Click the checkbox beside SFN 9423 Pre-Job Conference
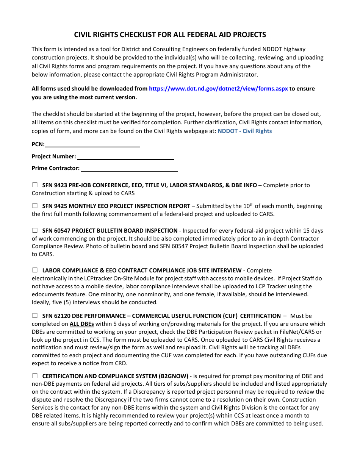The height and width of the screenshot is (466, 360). [35, 185]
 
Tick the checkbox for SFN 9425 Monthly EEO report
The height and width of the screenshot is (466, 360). [35, 206]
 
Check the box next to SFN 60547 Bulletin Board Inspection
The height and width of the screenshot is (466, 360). [35, 230]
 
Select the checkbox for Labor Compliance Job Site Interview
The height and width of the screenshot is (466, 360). [35, 270]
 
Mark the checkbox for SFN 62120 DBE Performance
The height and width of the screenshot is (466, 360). [35, 315]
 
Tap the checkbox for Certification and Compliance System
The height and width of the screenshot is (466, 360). [35, 376]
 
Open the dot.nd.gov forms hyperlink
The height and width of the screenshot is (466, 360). [218, 89]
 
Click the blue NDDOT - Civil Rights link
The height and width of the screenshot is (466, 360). [244, 131]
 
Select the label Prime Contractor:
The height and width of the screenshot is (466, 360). [56, 168]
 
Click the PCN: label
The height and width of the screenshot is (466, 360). [38, 144]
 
